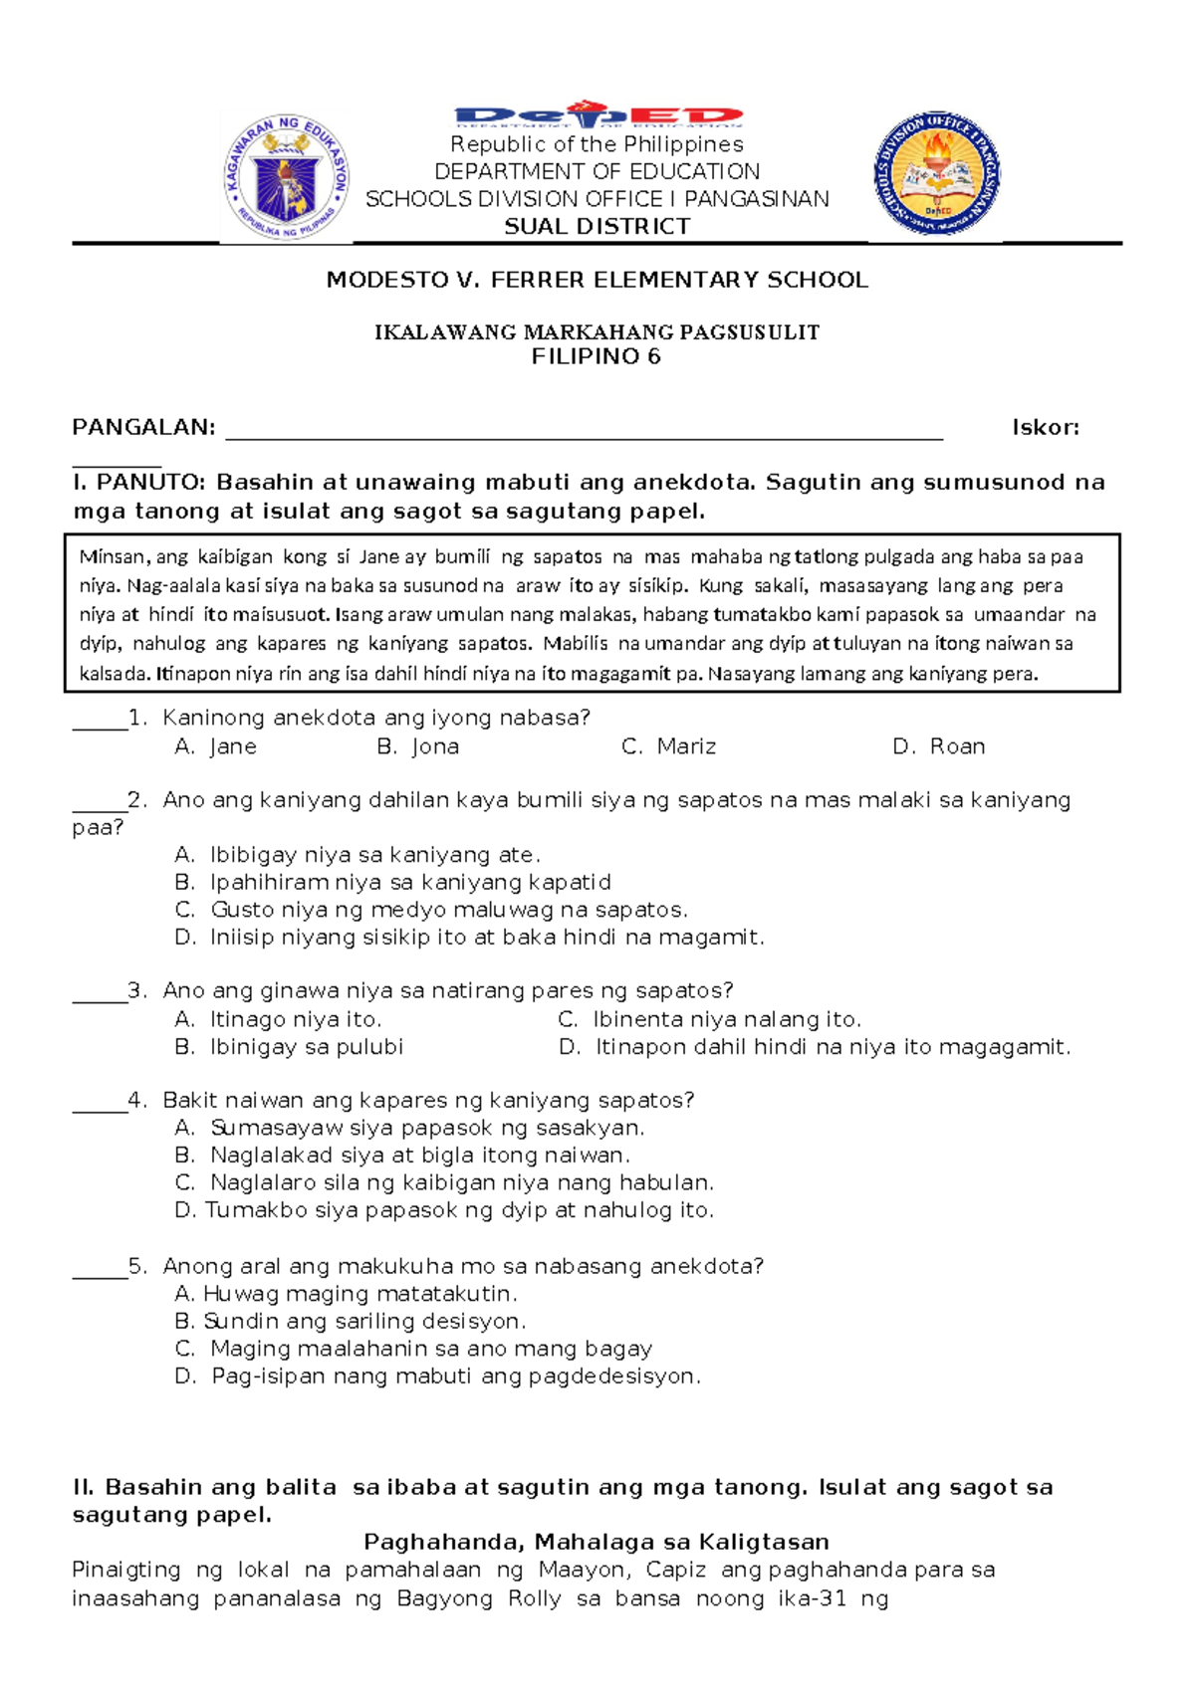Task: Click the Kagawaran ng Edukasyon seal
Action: [286, 178]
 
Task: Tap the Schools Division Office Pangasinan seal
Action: [936, 173]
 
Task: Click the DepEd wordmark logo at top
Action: [597, 115]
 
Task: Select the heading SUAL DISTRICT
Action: [597, 227]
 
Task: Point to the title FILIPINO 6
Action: [597, 357]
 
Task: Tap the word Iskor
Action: [1045, 428]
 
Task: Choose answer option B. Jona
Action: [418, 746]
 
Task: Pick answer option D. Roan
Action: [938, 746]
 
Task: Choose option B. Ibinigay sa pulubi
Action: [289, 1047]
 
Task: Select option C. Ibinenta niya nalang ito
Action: [709, 1019]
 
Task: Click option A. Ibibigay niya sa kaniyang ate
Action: [358, 855]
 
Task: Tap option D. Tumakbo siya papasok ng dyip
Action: [444, 1210]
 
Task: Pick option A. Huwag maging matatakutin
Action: [346, 1294]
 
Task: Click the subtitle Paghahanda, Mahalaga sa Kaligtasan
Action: [597, 1542]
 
